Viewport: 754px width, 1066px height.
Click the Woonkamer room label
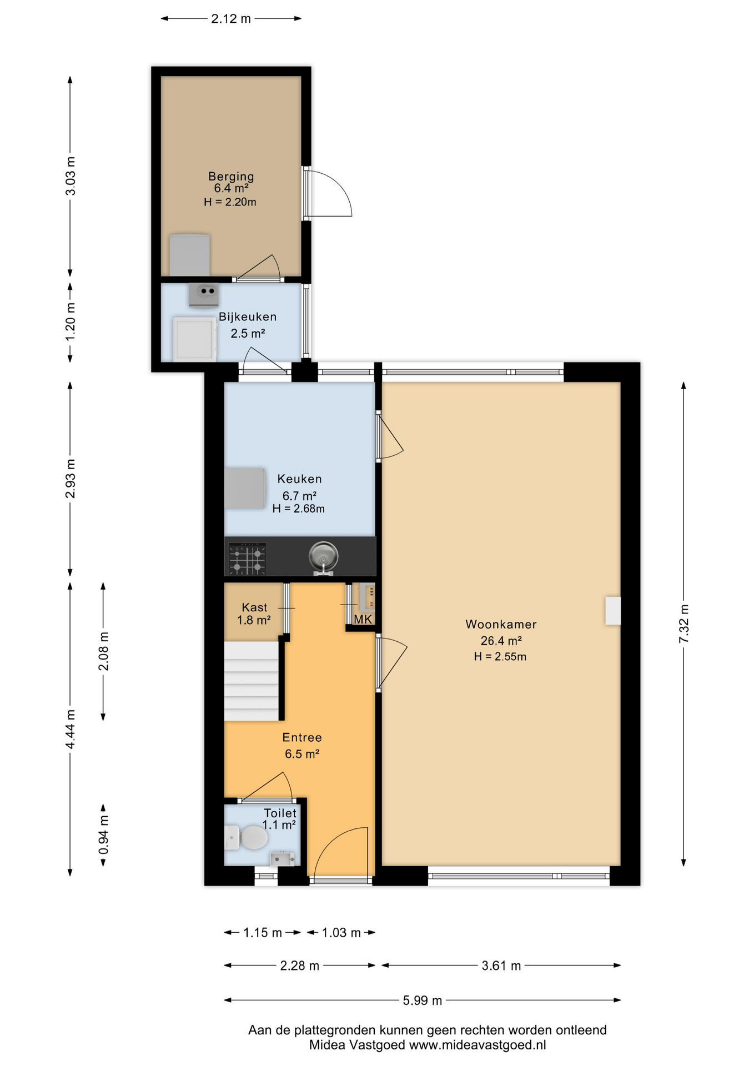coord(501,624)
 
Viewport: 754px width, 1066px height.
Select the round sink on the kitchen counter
coord(323,556)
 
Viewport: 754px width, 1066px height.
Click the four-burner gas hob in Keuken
coord(248,559)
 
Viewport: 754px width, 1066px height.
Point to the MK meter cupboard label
coord(363,619)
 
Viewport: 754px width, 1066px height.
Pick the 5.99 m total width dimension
coord(423,1000)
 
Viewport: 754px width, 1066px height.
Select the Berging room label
coord(231,177)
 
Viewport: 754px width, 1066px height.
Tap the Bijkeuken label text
coord(248,317)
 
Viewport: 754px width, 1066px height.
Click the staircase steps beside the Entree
coord(252,681)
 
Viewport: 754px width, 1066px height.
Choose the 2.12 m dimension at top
coord(231,19)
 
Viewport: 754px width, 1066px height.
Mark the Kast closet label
coord(254,607)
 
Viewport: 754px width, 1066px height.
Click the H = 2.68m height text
coord(299,509)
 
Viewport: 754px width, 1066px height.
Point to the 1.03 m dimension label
coord(341,933)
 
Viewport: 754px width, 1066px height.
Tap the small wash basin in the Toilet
coord(282,859)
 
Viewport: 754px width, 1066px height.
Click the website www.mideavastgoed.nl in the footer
coord(477,1045)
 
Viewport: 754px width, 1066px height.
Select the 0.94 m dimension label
coord(103,835)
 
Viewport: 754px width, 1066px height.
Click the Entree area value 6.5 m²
coord(302,754)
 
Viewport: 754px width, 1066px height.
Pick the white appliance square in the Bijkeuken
coord(194,339)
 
